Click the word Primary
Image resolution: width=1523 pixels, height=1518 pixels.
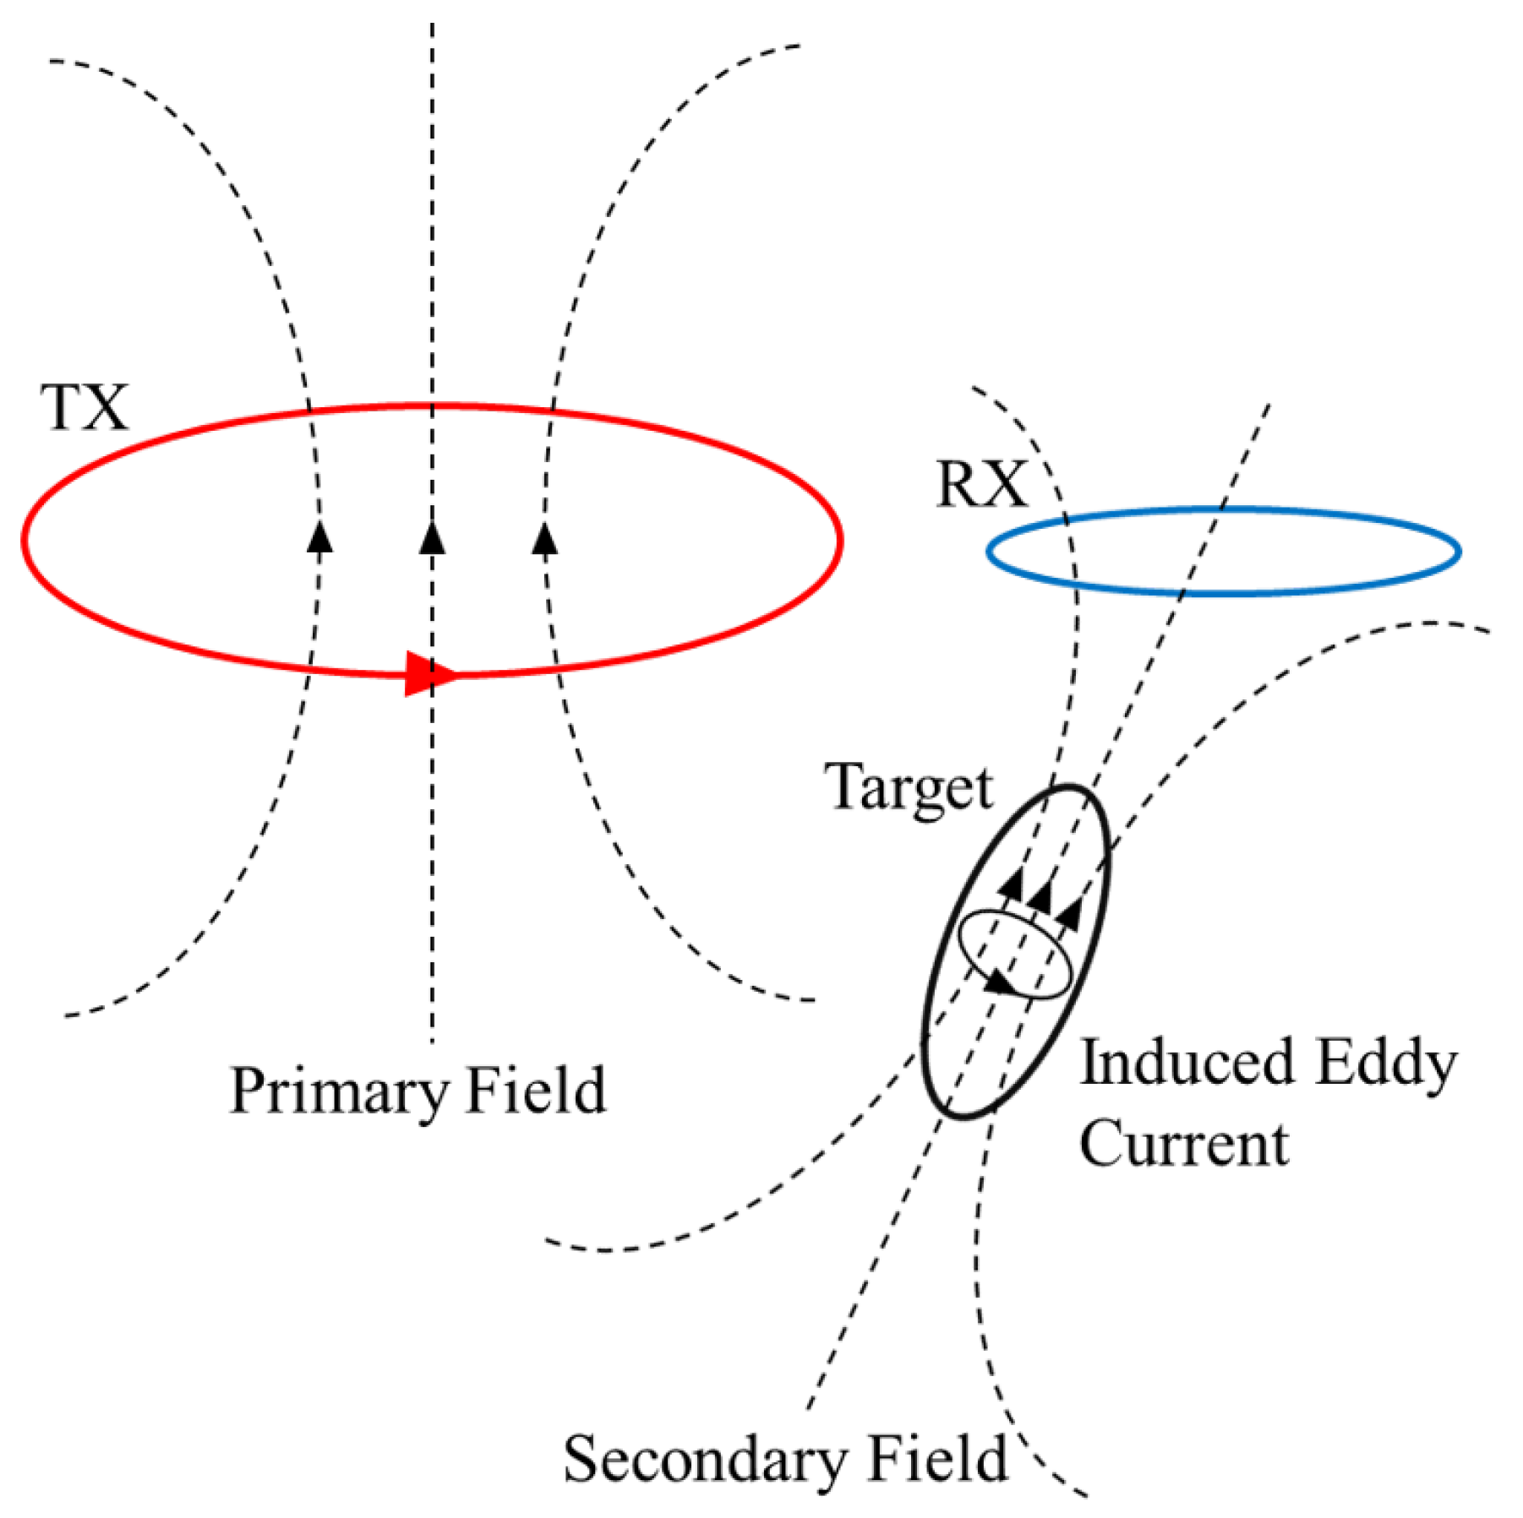(337, 1092)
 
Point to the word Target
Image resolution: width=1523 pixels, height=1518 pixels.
(909, 788)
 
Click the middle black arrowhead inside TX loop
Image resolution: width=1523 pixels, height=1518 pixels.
(432, 537)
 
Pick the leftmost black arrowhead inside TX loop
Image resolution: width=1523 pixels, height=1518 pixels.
(319, 537)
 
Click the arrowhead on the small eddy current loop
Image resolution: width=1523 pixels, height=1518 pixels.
(1000, 982)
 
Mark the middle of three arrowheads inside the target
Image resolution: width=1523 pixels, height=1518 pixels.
(1040, 895)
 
